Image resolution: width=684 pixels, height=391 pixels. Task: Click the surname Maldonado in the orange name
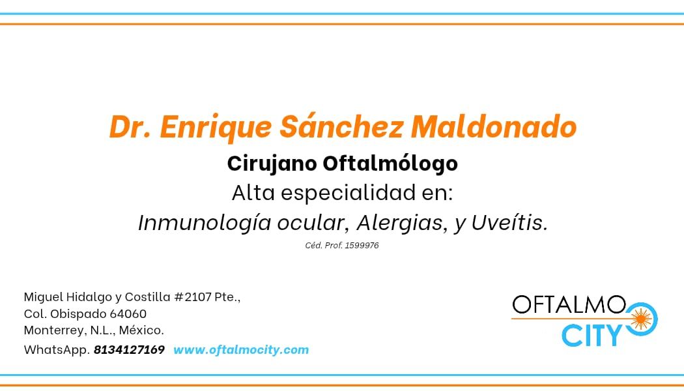point(493,127)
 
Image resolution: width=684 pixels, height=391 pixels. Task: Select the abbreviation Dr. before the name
point(130,127)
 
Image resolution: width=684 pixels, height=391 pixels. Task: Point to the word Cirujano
point(272,164)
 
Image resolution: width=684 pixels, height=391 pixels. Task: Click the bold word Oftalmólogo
point(390,164)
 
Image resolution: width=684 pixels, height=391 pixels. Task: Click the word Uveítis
point(510,223)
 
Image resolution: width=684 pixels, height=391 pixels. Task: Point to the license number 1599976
point(364,246)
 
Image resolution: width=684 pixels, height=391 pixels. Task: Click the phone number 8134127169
point(129,350)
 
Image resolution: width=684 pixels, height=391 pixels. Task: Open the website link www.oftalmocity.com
point(241,350)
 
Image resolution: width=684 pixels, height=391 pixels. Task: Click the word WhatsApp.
point(56,350)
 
